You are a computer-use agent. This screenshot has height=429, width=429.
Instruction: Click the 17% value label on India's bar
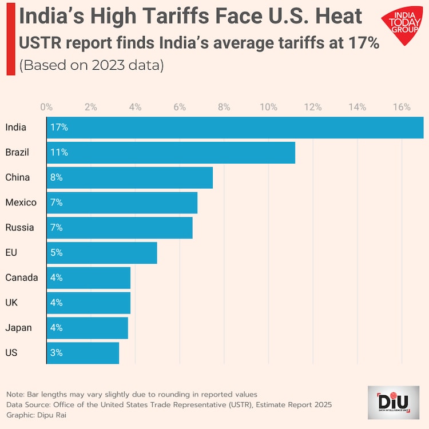pyautogui.click(x=59, y=128)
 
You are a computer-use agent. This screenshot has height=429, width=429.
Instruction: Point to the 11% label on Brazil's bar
pyautogui.click(x=59, y=153)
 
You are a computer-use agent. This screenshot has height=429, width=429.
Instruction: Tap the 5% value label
pyautogui.click(x=56, y=252)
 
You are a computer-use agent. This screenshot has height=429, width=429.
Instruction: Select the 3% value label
pyautogui.click(x=56, y=353)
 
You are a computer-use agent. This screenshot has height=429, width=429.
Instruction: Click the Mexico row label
pyautogui.click(x=21, y=202)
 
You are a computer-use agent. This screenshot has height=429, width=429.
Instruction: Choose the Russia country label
pyautogui.click(x=19, y=228)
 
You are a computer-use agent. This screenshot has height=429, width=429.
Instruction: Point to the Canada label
pyautogui.click(x=22, y=277)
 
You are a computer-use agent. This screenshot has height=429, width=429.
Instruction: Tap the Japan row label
pyautogui.click(x=19, y=328)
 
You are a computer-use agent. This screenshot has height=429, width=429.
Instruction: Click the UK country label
pyautogui.click(x=11, y=303)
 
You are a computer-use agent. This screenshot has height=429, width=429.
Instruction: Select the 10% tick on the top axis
pyautogui.click(x=268, y=107)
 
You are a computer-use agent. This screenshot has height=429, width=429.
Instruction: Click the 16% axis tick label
pyautogui.click(x=402, y=107)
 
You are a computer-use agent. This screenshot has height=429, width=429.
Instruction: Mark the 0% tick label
pyautogui.click(x=46, y=107)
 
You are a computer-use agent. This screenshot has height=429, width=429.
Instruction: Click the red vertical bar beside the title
pyautogui.click(x=10, y=38)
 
